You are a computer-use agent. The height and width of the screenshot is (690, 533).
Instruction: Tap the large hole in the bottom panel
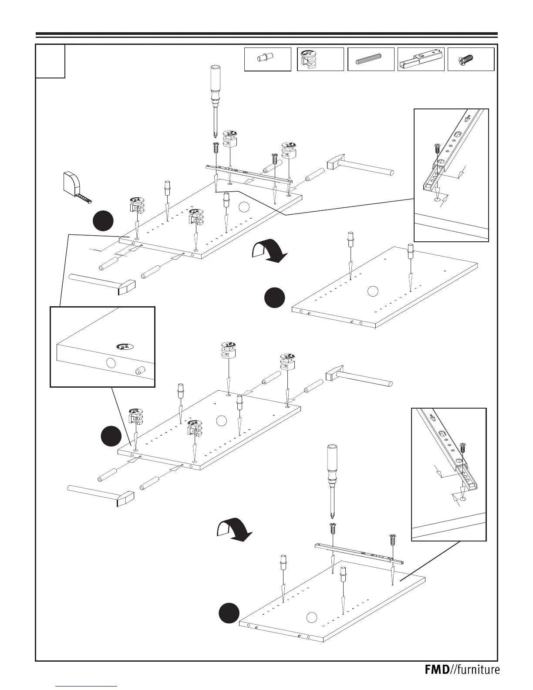point(311,618)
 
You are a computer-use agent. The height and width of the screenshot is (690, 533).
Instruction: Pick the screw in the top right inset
point(436,148)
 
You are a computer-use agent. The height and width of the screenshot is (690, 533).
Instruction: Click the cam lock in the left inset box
point(124,347)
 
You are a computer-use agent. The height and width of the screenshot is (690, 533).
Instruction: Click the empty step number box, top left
point(51,61)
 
